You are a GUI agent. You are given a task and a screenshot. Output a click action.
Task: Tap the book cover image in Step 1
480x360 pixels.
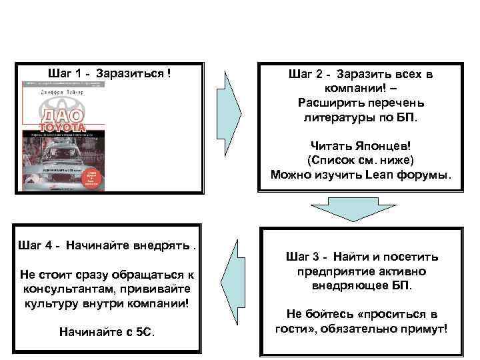pos(63,136)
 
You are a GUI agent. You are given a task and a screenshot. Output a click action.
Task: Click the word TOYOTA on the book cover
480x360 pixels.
pos(61,127)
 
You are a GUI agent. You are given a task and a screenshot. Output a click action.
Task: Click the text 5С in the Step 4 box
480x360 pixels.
pos(145,331)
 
